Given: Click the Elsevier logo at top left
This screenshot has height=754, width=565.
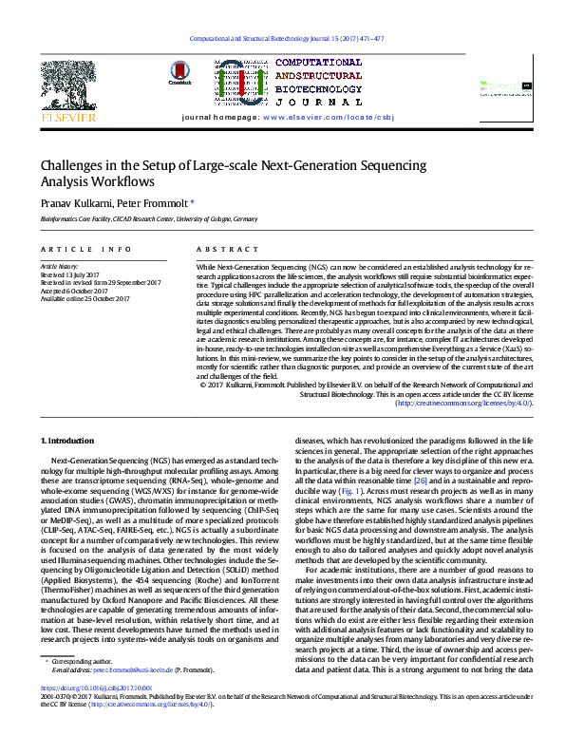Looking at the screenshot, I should pos(62,95).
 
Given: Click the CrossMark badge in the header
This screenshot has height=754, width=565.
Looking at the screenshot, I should pos(179,73).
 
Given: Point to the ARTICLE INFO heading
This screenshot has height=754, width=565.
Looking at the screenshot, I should pos(85,249).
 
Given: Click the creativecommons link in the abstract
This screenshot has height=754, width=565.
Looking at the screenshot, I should pos(463,403).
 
